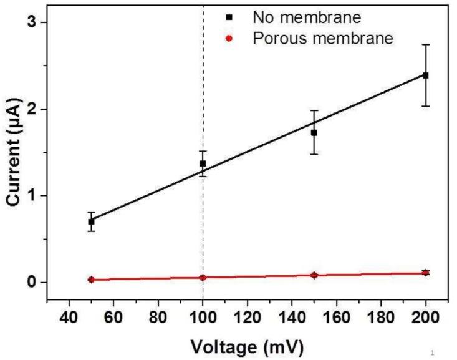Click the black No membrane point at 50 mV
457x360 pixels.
pos(91,221)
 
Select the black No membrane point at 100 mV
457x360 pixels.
pos(203,163)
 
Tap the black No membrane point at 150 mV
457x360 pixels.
pos(314,132)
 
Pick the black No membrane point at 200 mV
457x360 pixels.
pos(426,75)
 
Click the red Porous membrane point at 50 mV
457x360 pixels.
pos(91,280)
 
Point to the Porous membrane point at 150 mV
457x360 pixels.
pos(314,275)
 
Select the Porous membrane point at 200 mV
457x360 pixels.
pos(426,273)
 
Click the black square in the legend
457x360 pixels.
pos(229,14)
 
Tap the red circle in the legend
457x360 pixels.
pos(229,39)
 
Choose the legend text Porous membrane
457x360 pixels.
pos(322,39)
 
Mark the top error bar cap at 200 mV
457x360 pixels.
pos(426,45)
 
